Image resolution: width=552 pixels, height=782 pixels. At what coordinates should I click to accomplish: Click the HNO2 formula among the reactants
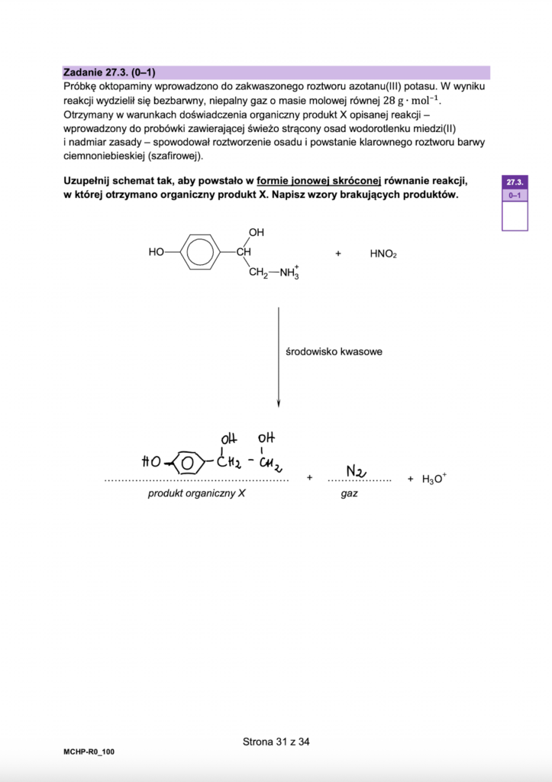pos(383,254)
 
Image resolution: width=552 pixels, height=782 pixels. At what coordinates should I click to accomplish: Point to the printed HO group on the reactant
pos(157,251)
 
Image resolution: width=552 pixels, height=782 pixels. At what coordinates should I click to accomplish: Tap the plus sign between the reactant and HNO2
pos(337,253)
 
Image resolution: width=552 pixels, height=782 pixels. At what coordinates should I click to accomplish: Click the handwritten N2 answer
pos(355,472)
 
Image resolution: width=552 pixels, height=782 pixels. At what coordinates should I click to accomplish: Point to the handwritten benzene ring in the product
pos(187,462)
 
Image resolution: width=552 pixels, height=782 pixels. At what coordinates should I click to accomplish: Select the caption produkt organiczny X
pos(197,494)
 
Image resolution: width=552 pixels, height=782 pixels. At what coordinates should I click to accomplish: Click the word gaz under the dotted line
pos(350,494)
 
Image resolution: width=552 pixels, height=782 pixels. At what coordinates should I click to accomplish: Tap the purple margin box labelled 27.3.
pos(514,183)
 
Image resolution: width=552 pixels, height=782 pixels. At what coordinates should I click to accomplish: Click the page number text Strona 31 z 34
pos(276,741)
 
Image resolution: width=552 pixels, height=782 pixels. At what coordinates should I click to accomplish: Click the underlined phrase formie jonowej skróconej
pos(318,181)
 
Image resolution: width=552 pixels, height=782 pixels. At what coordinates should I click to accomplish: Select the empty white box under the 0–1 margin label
pos(514,216)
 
